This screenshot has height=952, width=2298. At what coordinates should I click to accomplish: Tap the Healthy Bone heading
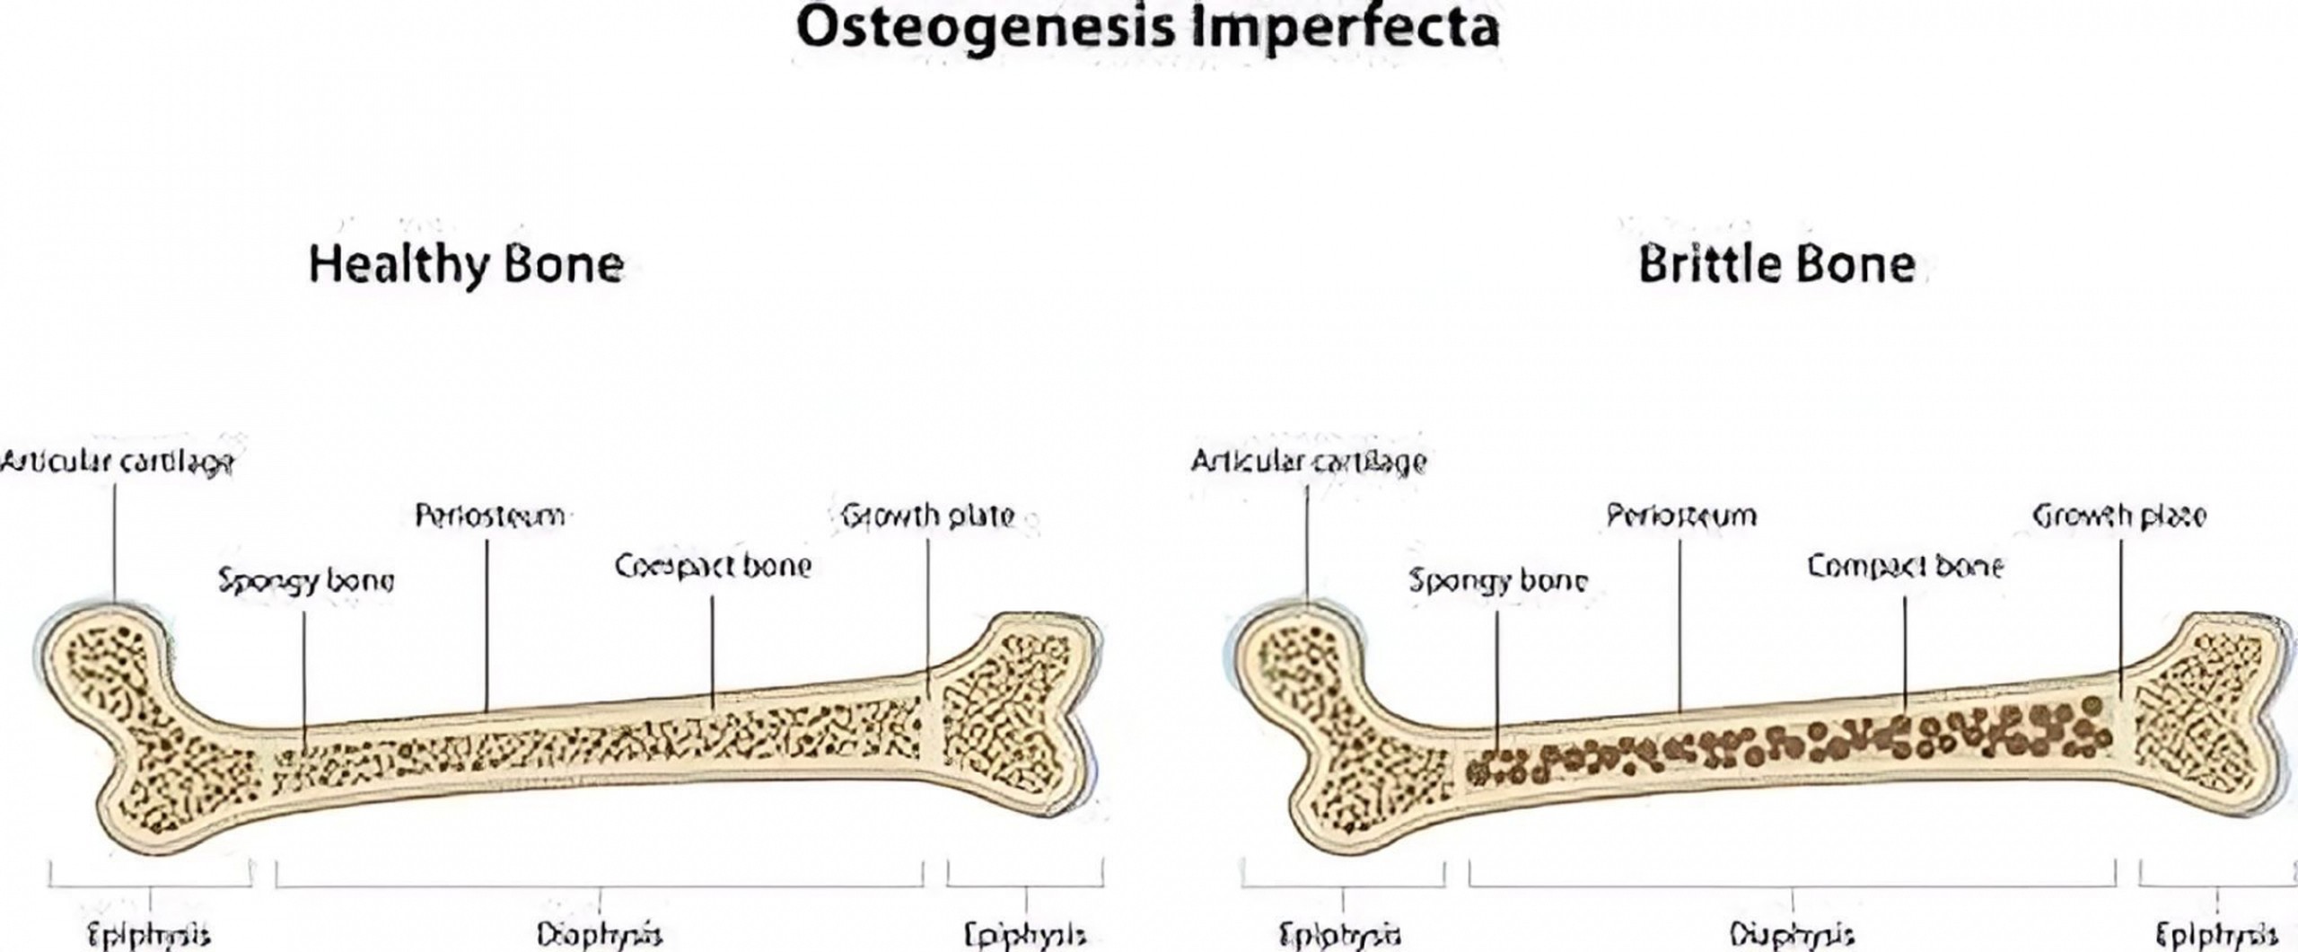coord(466,264)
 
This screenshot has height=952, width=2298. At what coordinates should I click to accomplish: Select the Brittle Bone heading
coord(1776,264)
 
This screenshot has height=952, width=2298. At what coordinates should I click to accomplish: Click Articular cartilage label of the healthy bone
coord(117,463)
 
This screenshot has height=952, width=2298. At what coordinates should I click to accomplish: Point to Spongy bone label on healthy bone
coord(306,581)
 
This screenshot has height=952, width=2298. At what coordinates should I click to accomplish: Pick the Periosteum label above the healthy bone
coord(490,516)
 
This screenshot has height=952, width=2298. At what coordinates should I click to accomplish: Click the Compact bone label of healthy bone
coord(713,566)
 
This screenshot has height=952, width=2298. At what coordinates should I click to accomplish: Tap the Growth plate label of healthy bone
coord(928,516)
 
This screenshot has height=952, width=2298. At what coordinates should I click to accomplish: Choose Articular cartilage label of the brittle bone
coord(1308,462)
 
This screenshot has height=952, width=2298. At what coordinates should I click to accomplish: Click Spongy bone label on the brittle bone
coord(1497,581)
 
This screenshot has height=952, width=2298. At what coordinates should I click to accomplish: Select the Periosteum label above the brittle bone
coord(1681,516)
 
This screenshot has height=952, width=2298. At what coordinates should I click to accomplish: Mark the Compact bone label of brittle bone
coord(1905,566)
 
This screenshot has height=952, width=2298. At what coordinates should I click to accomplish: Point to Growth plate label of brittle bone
coord(2118,516)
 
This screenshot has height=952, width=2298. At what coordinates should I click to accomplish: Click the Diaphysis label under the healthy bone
coord(600,934)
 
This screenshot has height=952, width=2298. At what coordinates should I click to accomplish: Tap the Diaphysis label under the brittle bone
coord(1793,934)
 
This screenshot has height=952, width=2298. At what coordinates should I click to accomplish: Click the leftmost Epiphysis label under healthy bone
coord(149,934)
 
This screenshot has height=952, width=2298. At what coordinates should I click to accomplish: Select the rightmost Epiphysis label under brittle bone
coord(2218,934)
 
